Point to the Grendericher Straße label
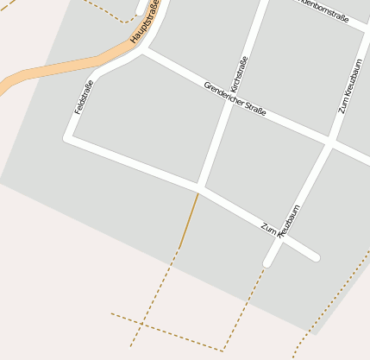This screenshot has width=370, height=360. pyautogui.click(x=235, y=98)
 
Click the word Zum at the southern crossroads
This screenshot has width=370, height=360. pyautogui.click(x=267, y=227)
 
